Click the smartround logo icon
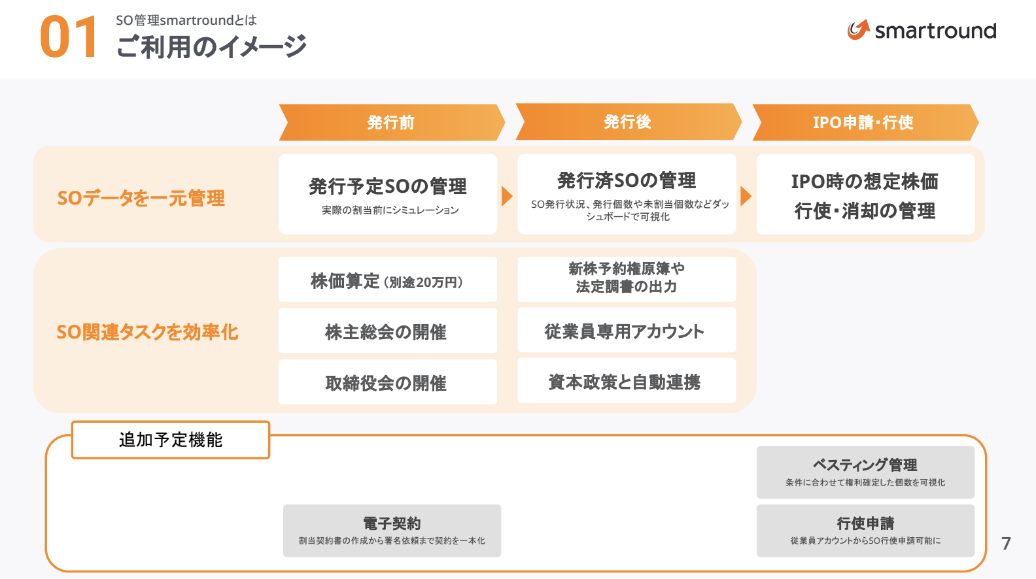(858, 29)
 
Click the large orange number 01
(68, 38)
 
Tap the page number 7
(1006, 543)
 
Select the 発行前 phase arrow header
(390, 122)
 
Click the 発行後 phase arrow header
(627, 122)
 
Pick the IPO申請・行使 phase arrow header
(863, 122)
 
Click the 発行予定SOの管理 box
(388, 194)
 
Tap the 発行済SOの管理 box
(627, 194)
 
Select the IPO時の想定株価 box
(865, 194)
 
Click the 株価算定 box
(388, 280)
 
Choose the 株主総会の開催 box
(388, 331)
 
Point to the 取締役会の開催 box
(388, 382)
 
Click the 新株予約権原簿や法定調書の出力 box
(627, 278)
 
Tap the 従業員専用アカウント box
(627, 330)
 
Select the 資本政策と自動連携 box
(627, 381)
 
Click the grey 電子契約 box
(392, 530)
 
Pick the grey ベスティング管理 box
(865, 472)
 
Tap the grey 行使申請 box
(865, 530)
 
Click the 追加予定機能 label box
(171, 440)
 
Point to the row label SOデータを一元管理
(141, 197)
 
